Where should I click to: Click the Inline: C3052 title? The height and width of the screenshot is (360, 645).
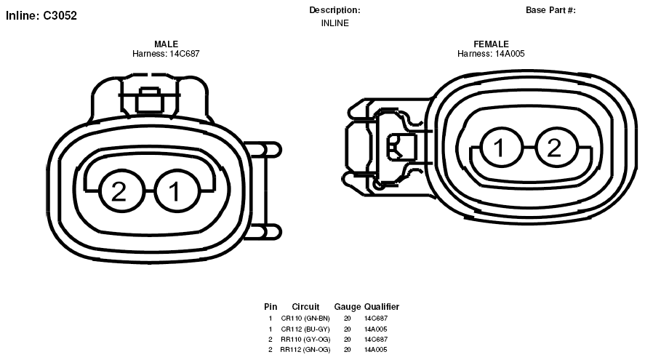pos(41,15)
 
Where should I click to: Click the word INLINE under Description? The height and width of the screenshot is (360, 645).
pos(334,23)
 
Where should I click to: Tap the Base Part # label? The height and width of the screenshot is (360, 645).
pos(550,10)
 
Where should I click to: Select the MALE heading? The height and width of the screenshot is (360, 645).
pos(167,44)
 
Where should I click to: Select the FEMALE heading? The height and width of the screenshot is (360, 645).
pos(491,44)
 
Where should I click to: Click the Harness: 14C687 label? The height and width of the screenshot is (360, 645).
pos(166,54)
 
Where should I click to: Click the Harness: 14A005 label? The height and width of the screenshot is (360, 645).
pos(491,54)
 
